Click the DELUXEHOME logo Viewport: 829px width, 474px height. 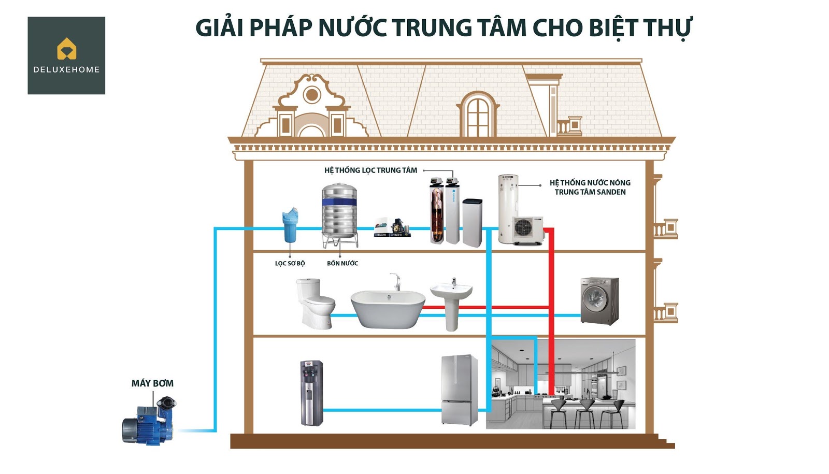pos(66,55)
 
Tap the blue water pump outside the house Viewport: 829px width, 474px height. pos(148,422)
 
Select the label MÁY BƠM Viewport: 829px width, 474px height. pos(152,383)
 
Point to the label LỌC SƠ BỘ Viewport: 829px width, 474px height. pos(290,263)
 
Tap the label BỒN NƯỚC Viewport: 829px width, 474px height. pos(342,263)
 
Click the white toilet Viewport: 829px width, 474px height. pos(315,303)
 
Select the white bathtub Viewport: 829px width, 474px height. pos(388,308)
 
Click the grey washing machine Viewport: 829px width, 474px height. pos(599,300)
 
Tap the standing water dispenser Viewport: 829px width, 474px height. pos(311,393)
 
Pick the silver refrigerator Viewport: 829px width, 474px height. pos(460,390)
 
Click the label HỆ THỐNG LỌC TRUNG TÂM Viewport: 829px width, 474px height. pos(370,170)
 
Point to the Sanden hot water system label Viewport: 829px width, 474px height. pos(590,187)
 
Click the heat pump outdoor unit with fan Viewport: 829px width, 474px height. pos(527,229)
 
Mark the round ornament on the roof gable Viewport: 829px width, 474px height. pos(311,95)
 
